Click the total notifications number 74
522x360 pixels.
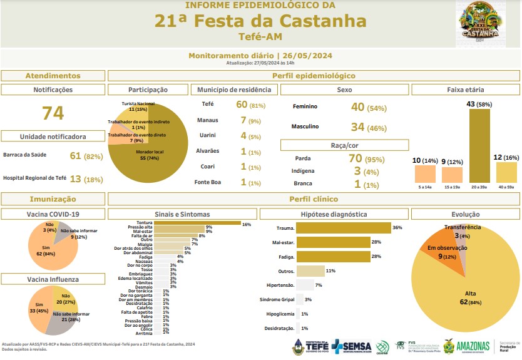click(53, 113)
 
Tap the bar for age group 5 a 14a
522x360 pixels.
click(425, 173)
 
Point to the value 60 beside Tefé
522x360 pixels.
click(242, 104)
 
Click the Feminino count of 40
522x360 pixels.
click(357, 107)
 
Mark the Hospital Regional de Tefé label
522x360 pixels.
click(35, 178)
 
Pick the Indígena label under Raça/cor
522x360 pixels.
click(304, 171)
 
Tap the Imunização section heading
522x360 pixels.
click(53, 199)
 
